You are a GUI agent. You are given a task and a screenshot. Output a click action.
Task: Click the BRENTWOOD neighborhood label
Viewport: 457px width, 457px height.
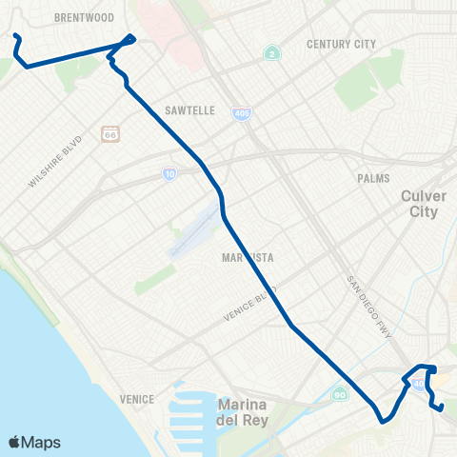click(85, 17)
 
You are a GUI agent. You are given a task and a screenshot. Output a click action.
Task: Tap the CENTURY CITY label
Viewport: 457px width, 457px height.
click(342, 45)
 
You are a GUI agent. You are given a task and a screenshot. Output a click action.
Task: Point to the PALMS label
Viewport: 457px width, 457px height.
click(374, 178)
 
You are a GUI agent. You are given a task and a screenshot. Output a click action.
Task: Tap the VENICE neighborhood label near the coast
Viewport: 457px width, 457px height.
click(138, 398)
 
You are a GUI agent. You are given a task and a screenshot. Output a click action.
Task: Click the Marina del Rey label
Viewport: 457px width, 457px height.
click(246, 412)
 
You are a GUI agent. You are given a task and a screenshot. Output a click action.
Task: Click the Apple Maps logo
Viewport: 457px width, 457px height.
click(34, 442)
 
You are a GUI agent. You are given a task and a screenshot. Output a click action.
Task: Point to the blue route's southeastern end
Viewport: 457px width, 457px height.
click(442, 407)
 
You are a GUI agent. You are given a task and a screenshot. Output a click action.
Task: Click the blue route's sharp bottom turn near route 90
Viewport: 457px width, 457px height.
click(382, 420)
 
